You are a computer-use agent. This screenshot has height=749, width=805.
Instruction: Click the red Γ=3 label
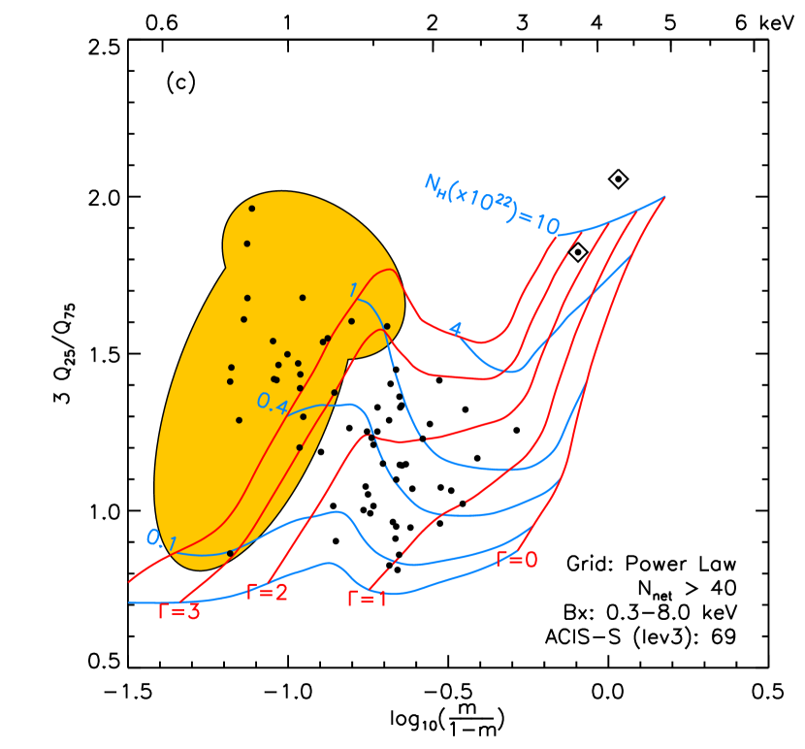pyautogui.click(x=179, y=612)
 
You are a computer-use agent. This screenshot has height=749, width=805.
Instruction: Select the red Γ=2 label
pyautogui.click(x=267, y=592)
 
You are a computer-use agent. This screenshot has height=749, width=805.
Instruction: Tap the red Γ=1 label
pyautogui.click(x=367, y=599)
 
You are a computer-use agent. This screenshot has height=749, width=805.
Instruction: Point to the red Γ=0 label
pyautogui.click(x=516, y=559)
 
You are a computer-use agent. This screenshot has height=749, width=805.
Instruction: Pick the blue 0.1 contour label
pyautogui.click(x=159, y=539)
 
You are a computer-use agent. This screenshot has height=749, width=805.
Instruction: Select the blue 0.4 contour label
pyautogui.click(x=272, y=403)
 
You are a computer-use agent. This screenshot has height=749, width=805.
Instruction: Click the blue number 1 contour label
pyautogui.click(x=353, y=289)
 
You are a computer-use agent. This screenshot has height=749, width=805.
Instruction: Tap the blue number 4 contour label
pyautogui.click(x=454, y=329)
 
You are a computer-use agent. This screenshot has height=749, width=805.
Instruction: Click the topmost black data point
pyautogui.click(x=251, y=209)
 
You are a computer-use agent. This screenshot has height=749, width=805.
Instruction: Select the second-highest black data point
pyautogui.click(x=246, y=244)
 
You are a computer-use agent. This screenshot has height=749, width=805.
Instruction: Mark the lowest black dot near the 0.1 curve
pyautogui.click(x=230, y=553)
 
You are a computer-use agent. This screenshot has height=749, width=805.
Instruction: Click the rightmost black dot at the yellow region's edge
pyautogui.click(x=387, y=326)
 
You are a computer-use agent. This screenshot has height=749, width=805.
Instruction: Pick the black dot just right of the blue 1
pyautogui.click(x=351, y=321)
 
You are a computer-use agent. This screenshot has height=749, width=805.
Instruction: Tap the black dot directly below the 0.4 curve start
pyautogui.click(x=303, y=416)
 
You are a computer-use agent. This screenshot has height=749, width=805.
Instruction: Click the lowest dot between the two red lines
pyautogui.click(x=299, y=447)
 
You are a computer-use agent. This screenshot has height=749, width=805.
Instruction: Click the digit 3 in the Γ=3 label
pyautogui.click(x=193, y=612)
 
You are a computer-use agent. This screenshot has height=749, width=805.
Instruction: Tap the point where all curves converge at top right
pyautogui.click(x=664, y=197)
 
